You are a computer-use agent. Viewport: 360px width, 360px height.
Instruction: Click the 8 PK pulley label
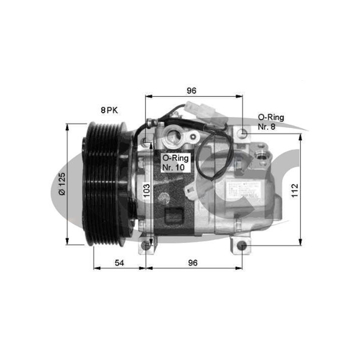(109, 110)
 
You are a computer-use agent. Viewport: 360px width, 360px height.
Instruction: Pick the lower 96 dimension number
(192, 262)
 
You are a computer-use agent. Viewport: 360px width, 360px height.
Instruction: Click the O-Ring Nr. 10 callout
(173, 162)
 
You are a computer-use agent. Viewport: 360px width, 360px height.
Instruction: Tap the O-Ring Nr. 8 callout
(270, 121)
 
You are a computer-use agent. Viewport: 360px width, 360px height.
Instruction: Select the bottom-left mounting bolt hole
(145, 245)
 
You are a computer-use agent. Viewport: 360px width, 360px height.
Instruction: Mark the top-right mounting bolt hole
(242, 132)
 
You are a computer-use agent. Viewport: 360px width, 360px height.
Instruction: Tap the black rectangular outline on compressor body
(174, 215)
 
